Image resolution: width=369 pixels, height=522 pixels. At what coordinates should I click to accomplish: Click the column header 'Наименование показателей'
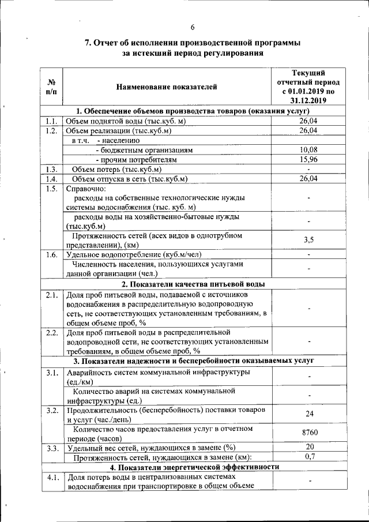tap(167, 88)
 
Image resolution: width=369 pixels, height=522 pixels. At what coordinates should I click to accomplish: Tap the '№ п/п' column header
tap(51, 88)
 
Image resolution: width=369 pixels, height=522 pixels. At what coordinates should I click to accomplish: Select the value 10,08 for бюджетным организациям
tap(308, 150)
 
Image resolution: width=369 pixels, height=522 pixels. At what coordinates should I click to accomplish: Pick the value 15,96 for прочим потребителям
tap(308, 159)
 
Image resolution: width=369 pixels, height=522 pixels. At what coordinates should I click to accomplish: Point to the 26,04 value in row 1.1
tap(308, 121)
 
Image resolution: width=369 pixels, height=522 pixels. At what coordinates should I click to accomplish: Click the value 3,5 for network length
tap(308, 240)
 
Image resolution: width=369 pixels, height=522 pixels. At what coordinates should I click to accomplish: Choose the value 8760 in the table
tap(310, 432)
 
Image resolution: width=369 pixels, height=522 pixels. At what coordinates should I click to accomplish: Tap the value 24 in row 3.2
tap(310, 414)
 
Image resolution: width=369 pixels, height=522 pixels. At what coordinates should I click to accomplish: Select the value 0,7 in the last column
tap(309, 457)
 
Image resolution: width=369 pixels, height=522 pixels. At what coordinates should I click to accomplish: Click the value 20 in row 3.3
tap(310, 447)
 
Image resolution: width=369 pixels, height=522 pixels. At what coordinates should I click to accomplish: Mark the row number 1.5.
tap(51, 189)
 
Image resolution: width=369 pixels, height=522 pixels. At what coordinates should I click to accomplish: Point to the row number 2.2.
tap(51, 333)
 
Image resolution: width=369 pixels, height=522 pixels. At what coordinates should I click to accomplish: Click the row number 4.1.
tap(51, 477)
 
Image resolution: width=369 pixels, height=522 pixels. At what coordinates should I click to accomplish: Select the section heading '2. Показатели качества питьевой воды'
tap(193, 284)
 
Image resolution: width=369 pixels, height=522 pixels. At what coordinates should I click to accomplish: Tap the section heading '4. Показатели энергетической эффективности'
tap(194, 467)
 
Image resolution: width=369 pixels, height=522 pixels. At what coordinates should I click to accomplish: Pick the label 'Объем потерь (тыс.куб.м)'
tap(116, 169)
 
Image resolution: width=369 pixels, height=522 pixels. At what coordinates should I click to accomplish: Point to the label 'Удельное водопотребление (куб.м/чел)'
tap(134, 254)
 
